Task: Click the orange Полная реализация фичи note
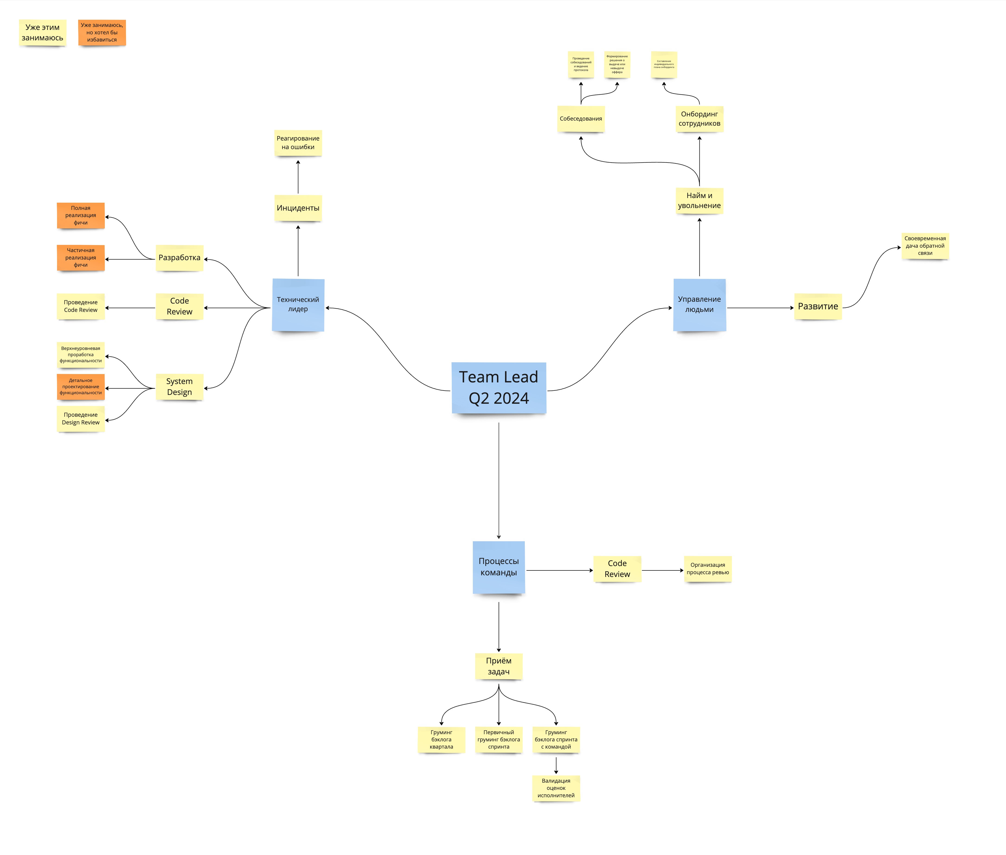pos(80,215)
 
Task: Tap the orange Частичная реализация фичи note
pos(80,257)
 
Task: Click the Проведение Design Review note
pos(80,418)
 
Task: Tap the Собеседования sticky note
pos(580,119)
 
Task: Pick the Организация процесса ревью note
pos(708,569)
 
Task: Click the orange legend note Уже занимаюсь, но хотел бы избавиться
pos(102,32)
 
